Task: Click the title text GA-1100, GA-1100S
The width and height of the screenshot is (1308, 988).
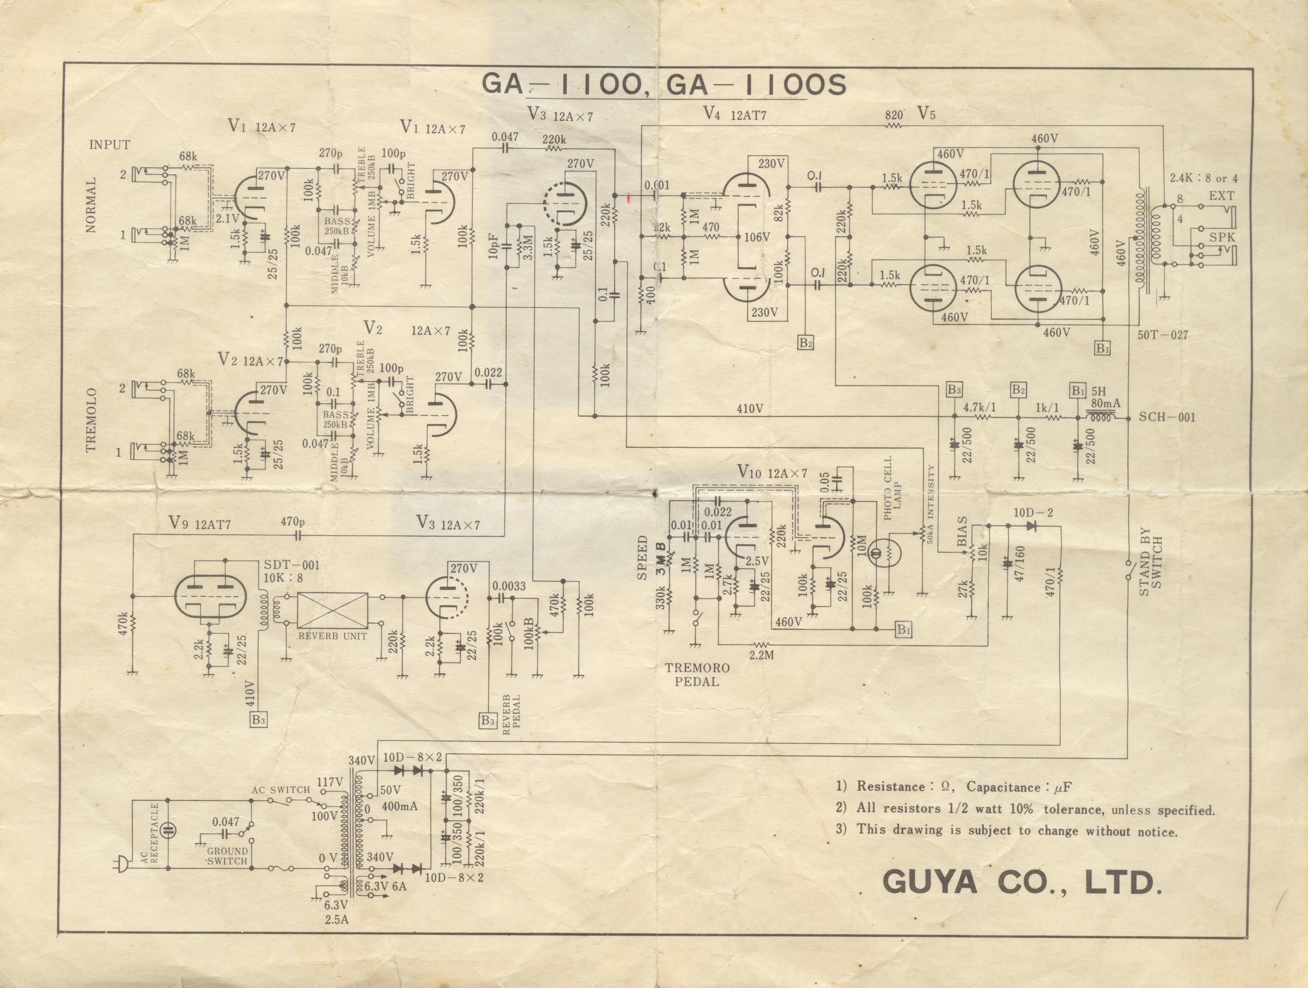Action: [663, 85]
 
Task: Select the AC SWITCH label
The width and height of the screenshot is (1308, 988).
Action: [281, 789]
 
